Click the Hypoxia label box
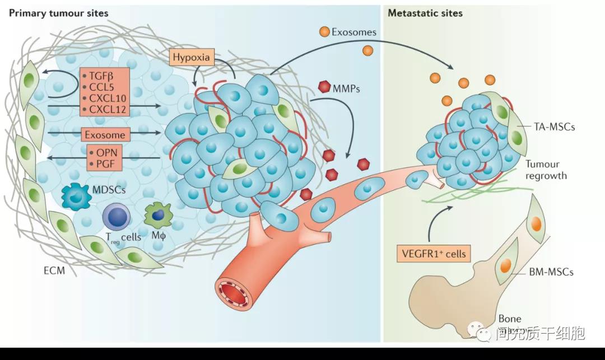(x=191, y=57)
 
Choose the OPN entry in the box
(x=105, y=152)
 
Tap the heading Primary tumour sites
(x=58, y=13)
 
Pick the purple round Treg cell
(x=117, y=218)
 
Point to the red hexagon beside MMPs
(x=324, y=87)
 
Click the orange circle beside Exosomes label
(x=324, y=32)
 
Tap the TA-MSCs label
(x=554, y=127)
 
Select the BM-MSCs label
(x=551, y=272)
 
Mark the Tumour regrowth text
(x=546, y=170)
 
